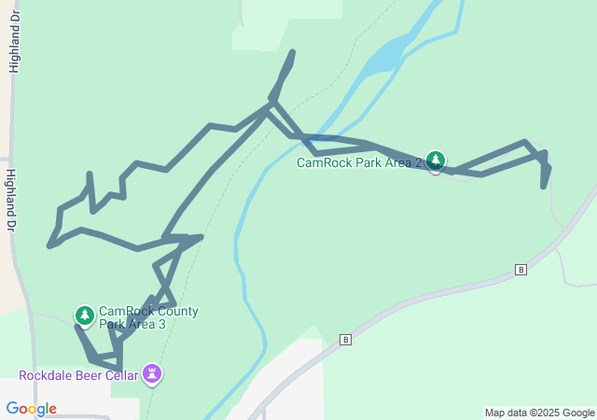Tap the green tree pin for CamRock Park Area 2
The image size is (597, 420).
(435, 161)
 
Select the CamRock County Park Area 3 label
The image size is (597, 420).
(148, 318)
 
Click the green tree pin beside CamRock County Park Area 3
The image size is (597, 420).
(85, 315)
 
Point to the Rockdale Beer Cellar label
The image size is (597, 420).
(78, 376)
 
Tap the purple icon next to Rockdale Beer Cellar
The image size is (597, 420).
(152, 375)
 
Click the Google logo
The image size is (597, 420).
(31, 409)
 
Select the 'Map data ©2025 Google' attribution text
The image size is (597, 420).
(539, 413)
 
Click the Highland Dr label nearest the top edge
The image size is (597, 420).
(15, 47)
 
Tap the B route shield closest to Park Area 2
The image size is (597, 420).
(521, 270)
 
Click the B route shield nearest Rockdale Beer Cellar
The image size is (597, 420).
(346, 340)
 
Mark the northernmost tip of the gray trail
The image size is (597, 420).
(294, 51)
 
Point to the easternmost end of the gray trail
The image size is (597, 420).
(549, 169)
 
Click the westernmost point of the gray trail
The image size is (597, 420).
(49, 246)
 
